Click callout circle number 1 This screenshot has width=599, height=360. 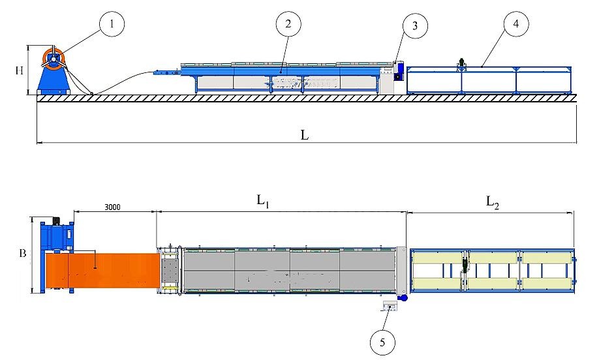click(112, 25)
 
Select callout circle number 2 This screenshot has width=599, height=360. click(288, 25)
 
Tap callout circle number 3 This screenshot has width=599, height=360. click(412, 27)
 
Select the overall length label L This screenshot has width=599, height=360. click(304, 135)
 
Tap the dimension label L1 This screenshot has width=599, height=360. click(263, 202)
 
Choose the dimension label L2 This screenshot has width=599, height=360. click(492, 202)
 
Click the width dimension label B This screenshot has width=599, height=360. click(22, 254)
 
